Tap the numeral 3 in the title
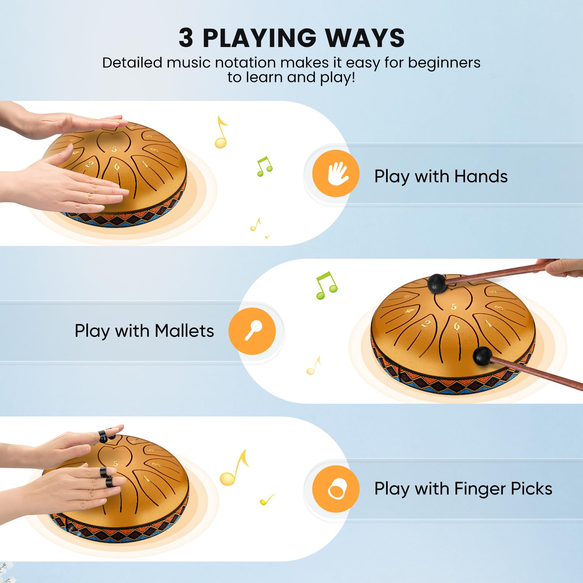pyautogui.click(x=185, y=38)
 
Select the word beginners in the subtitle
pyautogui.click(x=444, y=63)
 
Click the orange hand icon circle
pyautogui.click(x=336, y=173)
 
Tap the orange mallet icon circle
pyautogui.click(x=252, y=331)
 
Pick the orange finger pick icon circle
pyautogui.click(x=336, y=489)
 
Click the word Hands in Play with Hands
pyautogui.click(x=481, y=176)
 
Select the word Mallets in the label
pyautogui.click(x=184, y=331)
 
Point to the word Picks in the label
pyautogui.click(x=532, y=489)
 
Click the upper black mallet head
pyautogui.click(x=437, y=283)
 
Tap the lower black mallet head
pyautogui.click(x=482, y=356)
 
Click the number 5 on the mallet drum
pyautogui.click(x=454, y=307)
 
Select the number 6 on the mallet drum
pyautogui.click(x=457, y=326)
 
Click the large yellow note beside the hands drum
pyautogui.click(x=221, y=132)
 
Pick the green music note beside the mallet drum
pyautogui.click(x=327, y=285)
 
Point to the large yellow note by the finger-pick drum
pyautogui.click(x=234, y=468)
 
